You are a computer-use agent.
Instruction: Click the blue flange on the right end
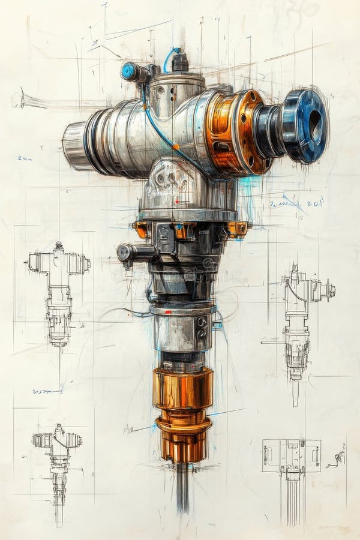306,126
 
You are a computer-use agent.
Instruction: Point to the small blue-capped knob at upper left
128,71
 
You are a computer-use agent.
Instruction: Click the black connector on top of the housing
179,62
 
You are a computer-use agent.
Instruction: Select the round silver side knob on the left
125,253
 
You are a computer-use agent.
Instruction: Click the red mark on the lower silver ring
168,312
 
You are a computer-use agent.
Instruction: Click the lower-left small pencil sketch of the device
57,468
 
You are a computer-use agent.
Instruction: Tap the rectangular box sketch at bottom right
291,456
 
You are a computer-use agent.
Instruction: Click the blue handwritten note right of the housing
297,203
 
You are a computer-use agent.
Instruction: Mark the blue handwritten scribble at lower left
47,391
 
